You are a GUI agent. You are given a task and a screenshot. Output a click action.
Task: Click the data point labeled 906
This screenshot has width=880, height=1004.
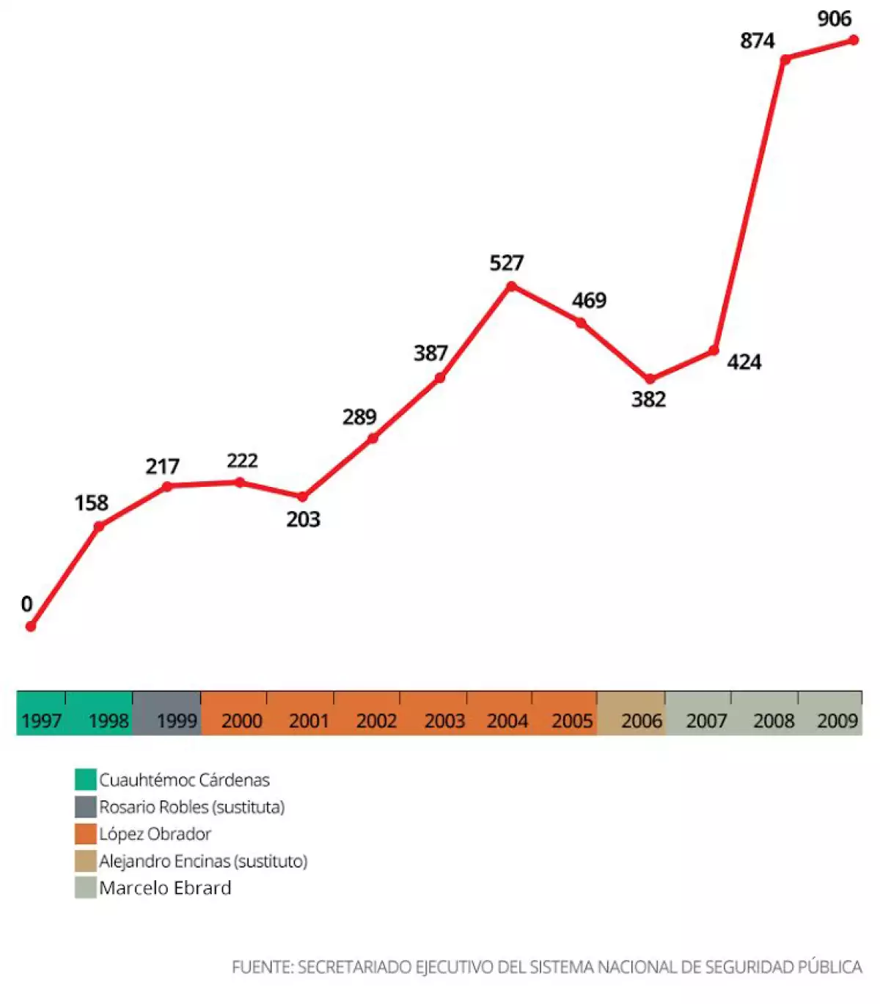coord(854,40)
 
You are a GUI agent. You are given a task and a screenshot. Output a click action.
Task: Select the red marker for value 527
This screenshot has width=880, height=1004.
coord(511,286)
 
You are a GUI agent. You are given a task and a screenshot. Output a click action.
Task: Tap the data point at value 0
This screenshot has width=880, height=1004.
coord(31,626)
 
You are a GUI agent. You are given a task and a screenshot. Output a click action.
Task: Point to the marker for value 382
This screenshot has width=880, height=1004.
coord(650,379)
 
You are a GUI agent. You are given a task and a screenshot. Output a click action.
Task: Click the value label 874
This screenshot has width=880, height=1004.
coord(757,41)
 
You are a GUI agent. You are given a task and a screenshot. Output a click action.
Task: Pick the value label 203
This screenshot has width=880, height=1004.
coord(303,520)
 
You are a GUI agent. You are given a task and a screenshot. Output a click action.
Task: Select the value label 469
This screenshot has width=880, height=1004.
coord(589,301)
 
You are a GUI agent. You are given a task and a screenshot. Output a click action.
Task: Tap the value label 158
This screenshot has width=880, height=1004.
coord(91,503)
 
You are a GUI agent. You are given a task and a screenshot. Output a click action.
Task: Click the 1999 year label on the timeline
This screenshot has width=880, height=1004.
coord(177,721)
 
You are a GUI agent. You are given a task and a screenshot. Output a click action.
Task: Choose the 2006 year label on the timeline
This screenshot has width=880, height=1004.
coord(641,721)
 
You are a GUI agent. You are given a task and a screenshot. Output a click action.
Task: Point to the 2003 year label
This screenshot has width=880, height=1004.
coord(444,721)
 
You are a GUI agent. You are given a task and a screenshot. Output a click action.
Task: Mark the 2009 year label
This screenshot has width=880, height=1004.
coord(837,721)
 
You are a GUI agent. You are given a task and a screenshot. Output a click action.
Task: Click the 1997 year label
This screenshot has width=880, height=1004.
coord(41,721)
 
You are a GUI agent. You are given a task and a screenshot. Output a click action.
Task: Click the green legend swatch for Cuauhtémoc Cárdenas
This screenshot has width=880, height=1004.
coord(86,780)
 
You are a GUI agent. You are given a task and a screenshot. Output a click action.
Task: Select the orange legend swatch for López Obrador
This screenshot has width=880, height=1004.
coord(86,834)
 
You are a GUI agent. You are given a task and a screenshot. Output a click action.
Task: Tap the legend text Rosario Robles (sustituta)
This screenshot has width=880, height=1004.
coord(191,807)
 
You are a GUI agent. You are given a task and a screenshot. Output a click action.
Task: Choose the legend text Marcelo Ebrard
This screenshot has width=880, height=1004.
coord(165,888)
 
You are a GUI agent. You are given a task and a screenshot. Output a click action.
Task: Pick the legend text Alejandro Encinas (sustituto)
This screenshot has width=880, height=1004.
coord(203,861)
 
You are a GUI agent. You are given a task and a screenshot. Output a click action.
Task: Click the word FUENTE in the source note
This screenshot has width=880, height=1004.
coord(262,967)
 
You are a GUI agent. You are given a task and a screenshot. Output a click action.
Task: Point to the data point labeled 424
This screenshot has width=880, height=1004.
coord(714,351)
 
